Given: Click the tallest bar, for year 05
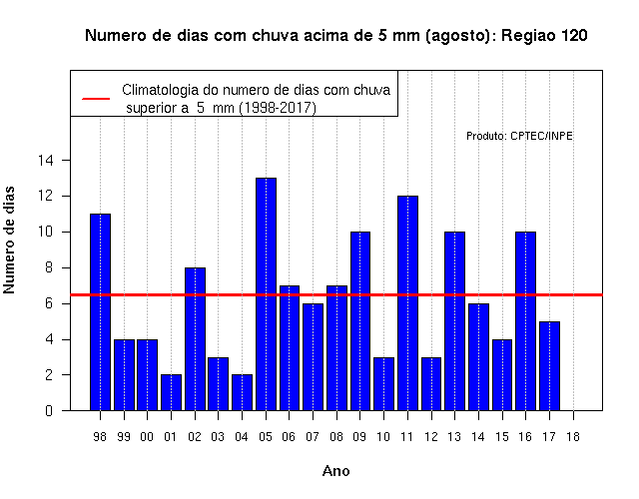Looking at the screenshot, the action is [266, 294].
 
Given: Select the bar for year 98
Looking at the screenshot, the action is [100, 312].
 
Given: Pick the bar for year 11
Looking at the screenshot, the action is [407, 303].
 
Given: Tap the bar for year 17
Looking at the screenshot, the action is [549, 366].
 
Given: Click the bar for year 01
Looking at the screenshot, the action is [171, 392].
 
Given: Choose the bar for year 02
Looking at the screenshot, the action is [195, 339].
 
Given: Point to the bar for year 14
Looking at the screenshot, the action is [478, 357].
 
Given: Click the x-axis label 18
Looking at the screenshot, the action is [572, 437].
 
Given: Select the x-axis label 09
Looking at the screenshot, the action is [359, 437].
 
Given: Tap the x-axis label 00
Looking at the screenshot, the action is [147, 437].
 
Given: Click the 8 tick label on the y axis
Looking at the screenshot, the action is [49, 267].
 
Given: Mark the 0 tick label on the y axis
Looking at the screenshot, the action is [49, 410].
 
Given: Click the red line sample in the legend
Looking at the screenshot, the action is [96, 99].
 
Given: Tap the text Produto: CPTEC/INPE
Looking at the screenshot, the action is [519, 136].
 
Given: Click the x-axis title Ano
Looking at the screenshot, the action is [335, 471].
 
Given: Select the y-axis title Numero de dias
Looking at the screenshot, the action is [9, 240].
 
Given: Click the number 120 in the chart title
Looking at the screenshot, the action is [574, 36].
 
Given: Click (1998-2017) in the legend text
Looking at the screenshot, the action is [278, 108].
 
